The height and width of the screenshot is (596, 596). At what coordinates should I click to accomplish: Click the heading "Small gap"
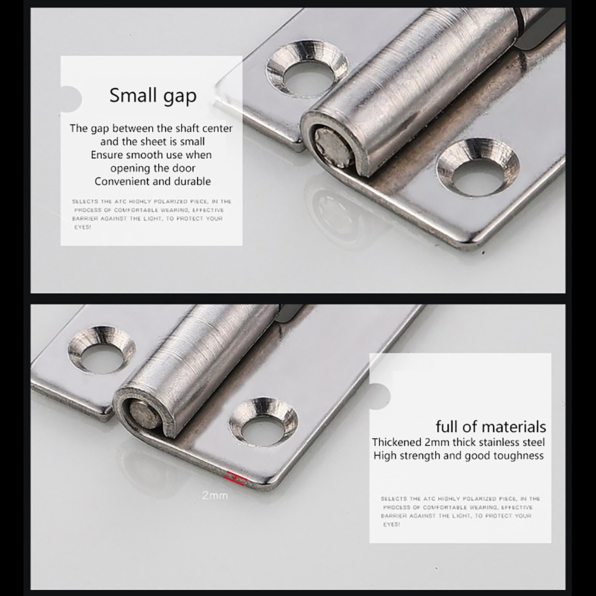(153, 96)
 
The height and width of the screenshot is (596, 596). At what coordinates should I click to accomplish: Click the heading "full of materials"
(491, 427)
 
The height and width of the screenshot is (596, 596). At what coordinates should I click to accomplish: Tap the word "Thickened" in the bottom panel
(397, 442)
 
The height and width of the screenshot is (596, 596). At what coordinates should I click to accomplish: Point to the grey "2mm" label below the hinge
(215, 495)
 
